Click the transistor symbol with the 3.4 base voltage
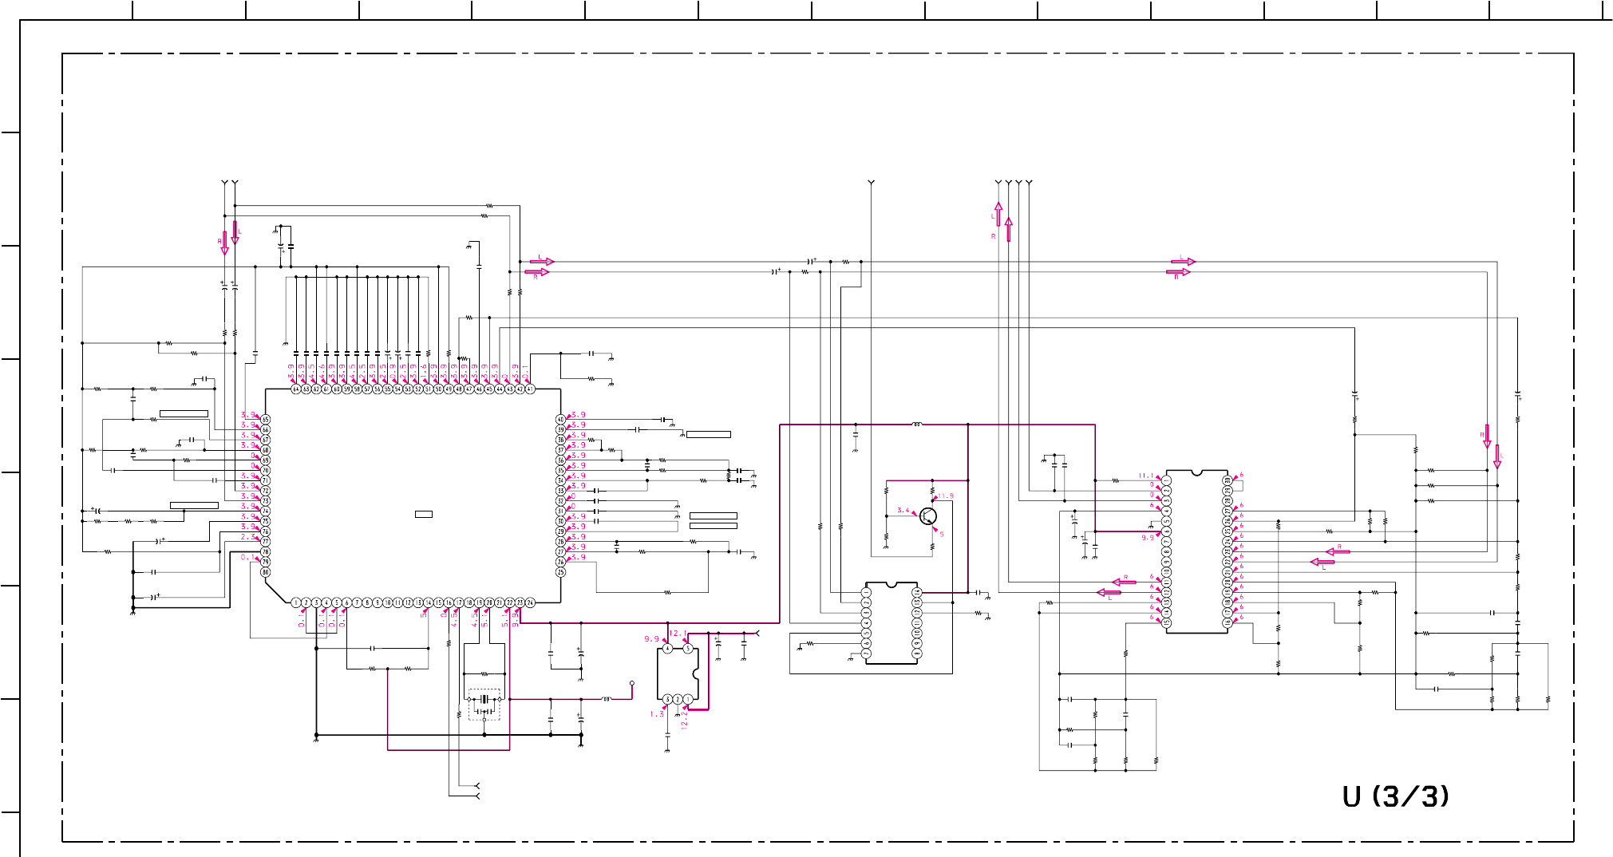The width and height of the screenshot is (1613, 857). (x=928, y=516)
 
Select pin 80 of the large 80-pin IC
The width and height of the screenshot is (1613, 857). (x=266, y=572)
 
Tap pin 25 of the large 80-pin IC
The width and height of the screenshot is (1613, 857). (x=560, y=572)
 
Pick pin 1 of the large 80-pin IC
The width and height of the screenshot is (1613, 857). (x=296, y=602)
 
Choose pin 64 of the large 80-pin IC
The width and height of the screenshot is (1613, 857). (x=296, y=389)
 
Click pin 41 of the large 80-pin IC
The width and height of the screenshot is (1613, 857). (x=530, y=389)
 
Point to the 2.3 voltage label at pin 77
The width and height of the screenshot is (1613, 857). (x=249, y=537)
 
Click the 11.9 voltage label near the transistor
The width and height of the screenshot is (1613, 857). (x=945, y=496)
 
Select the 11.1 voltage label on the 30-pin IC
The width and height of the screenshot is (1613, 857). (x=1145, y=476)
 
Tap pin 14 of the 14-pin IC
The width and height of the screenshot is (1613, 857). (x=917, y=592)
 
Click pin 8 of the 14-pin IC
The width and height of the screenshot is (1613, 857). (x=917, y=654)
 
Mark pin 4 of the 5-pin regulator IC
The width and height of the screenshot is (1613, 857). (x=667, y=649)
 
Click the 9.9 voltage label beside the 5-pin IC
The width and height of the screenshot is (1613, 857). (x=652, y=639)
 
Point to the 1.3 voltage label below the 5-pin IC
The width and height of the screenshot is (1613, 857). (x=656, y=714)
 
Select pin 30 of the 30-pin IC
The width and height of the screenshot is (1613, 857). (x=1228, y=480)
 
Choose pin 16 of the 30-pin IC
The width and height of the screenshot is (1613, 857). (x=1228, y=623)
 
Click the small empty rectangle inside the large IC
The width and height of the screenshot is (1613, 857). (x=424, y=514)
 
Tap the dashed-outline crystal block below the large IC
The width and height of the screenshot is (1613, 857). (x=484, y=704)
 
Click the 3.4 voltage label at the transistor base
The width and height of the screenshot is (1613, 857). (x=903, y=511)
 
